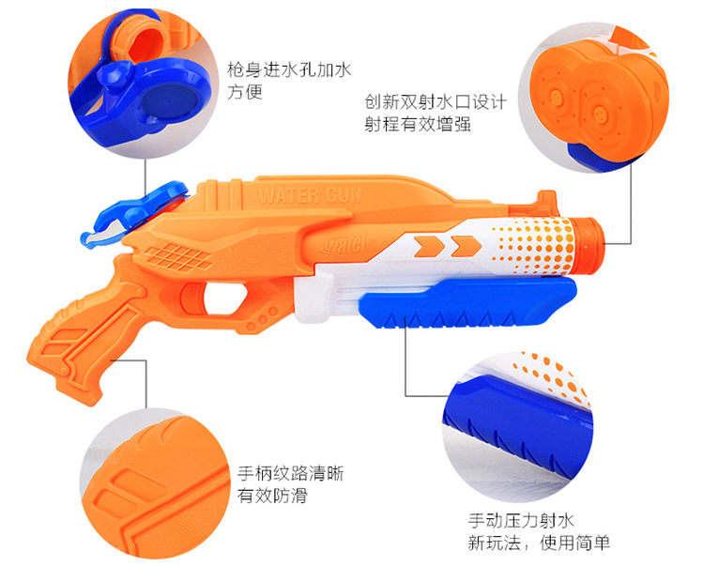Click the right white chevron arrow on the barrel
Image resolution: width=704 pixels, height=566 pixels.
pyautogui.click(x=459, y=246)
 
